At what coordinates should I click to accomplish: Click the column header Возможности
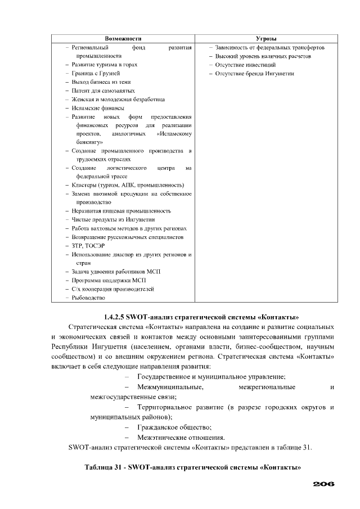tap(123, 38)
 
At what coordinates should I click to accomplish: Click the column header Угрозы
tap(266, 38)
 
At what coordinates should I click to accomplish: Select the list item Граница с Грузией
tap(96, 73)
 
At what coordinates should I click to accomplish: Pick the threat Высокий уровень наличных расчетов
tap(263, 56)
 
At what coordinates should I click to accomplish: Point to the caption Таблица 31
tap(104, 467)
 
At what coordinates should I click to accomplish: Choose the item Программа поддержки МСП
tap(109, 280)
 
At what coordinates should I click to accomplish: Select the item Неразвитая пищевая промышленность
tap(121, 211)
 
